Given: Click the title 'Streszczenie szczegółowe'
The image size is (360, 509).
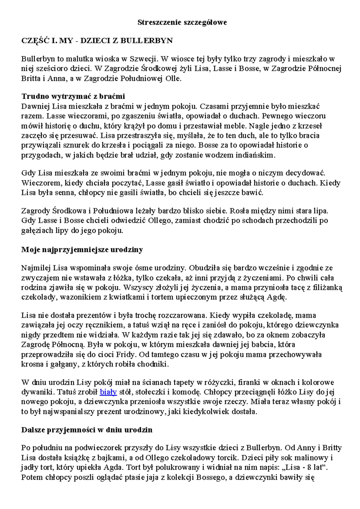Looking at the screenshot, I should click(x=182, y=23).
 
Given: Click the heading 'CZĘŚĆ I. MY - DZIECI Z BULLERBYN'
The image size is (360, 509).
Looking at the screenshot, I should click(x=97, y=41).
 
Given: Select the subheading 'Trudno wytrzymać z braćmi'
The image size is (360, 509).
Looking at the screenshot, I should click(x=73, y=96).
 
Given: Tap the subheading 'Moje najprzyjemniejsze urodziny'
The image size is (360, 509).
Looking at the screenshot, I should click(x=82, y=250).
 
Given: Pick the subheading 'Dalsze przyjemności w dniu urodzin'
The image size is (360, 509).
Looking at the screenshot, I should click(x=87, y=430).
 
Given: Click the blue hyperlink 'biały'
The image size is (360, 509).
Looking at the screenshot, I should click(x=108, y=392).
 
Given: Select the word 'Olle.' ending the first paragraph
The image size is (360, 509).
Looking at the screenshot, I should click(x=174, y=79).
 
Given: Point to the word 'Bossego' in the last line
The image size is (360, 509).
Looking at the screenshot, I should click(x=210, y=477).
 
